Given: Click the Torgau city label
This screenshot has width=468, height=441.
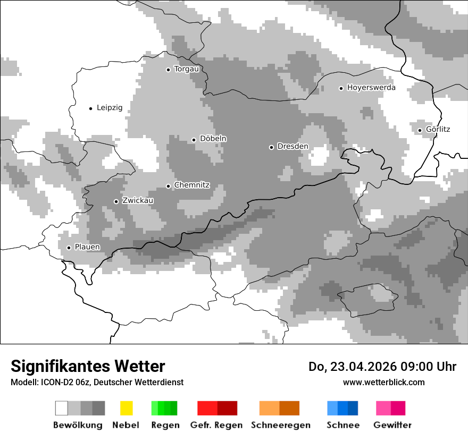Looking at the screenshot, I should point(186,69).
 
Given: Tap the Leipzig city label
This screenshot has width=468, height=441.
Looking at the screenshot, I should point(110,108).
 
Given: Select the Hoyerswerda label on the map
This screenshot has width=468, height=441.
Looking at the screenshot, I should point(371,88).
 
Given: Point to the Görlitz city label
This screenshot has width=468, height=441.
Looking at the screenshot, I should point(438,129).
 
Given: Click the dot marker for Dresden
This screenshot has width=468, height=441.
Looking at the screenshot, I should point(271,147).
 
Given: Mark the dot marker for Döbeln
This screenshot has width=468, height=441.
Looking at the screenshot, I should point(194,140).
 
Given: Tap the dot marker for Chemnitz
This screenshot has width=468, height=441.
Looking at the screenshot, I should point(169,186).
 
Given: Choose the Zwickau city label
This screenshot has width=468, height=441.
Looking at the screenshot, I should point(138,201).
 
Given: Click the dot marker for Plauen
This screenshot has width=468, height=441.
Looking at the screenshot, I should point(69,248).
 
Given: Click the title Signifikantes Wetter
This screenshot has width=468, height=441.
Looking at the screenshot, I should point(88,366).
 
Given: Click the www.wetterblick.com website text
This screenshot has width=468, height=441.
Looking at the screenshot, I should point(383,382).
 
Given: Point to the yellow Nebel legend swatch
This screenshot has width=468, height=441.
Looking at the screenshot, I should point(126,408).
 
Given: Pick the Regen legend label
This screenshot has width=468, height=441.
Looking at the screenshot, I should point(165,425).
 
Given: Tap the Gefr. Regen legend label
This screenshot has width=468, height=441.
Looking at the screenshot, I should point(216,425).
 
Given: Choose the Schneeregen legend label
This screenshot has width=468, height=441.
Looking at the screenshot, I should point(281,425).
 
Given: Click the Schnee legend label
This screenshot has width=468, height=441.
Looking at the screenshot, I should point(343,425).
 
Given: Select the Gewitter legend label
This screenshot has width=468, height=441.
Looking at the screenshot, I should point(392,425).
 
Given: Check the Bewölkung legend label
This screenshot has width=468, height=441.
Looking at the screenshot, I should point(78,425).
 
